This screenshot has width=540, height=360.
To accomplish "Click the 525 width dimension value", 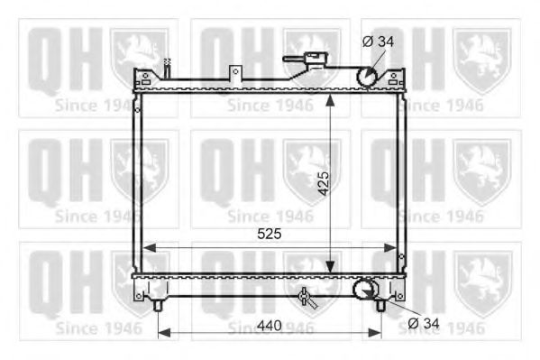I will pyautogui.click(x=270, y=234).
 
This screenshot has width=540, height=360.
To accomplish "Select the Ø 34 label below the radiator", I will pyautogui.click(x=422, y=323).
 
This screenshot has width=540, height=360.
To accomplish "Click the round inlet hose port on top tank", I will pyautogui.click(x=368, y=77).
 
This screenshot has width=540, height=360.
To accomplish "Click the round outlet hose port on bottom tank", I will pyautogui.click(x=364, y=289).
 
